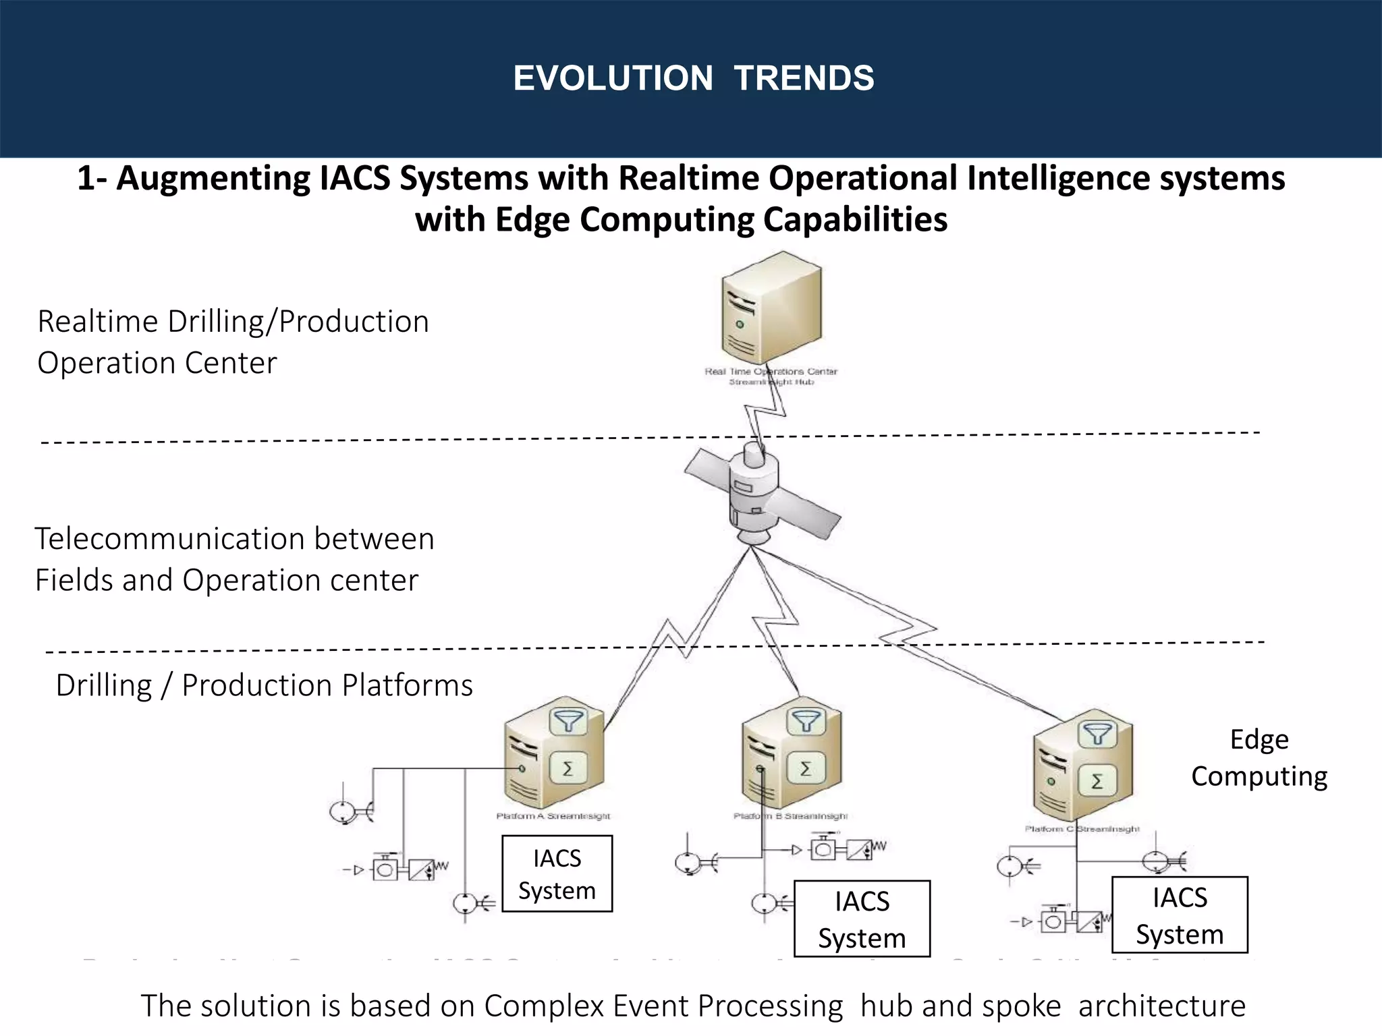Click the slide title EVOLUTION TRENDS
point(694,78)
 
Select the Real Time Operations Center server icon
point(771,309)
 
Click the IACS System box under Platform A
point(557,873)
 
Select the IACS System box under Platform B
point(862,919)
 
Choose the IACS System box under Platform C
point(1180,915)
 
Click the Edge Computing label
point(1259,758)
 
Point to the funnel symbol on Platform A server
point(568,722)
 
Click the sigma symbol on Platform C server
point(1097,781)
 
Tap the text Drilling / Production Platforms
point(264,685)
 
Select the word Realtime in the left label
point(99,322)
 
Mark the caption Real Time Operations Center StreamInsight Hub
point(771,376)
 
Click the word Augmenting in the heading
point(213,179)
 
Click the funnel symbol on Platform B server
point(806,722)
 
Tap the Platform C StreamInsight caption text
point(1082,829)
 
